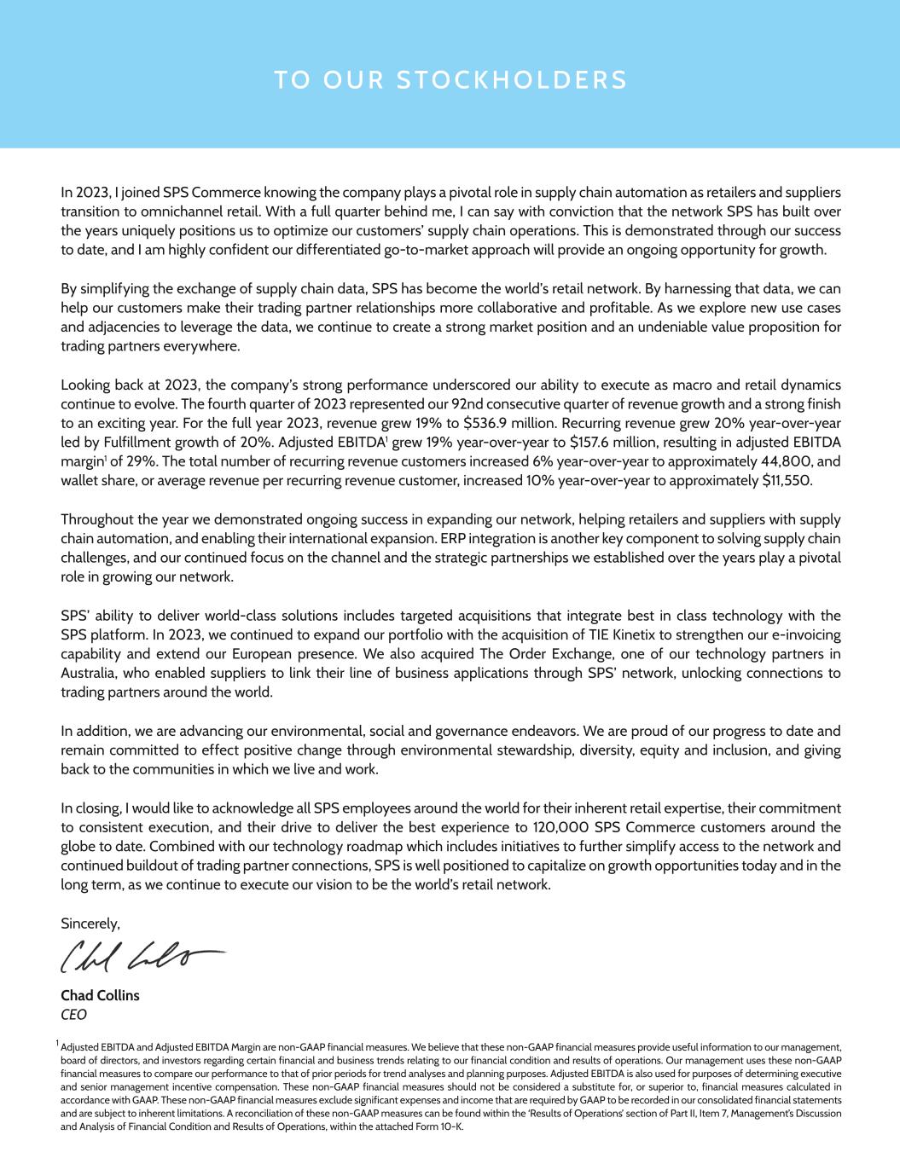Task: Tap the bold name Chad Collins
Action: click(x=100, y=995)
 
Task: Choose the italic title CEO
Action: click(x=73, y=1015)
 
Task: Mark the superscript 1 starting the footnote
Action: click(x=58, y=1043)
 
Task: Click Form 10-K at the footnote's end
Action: click(x=443, y=1126)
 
